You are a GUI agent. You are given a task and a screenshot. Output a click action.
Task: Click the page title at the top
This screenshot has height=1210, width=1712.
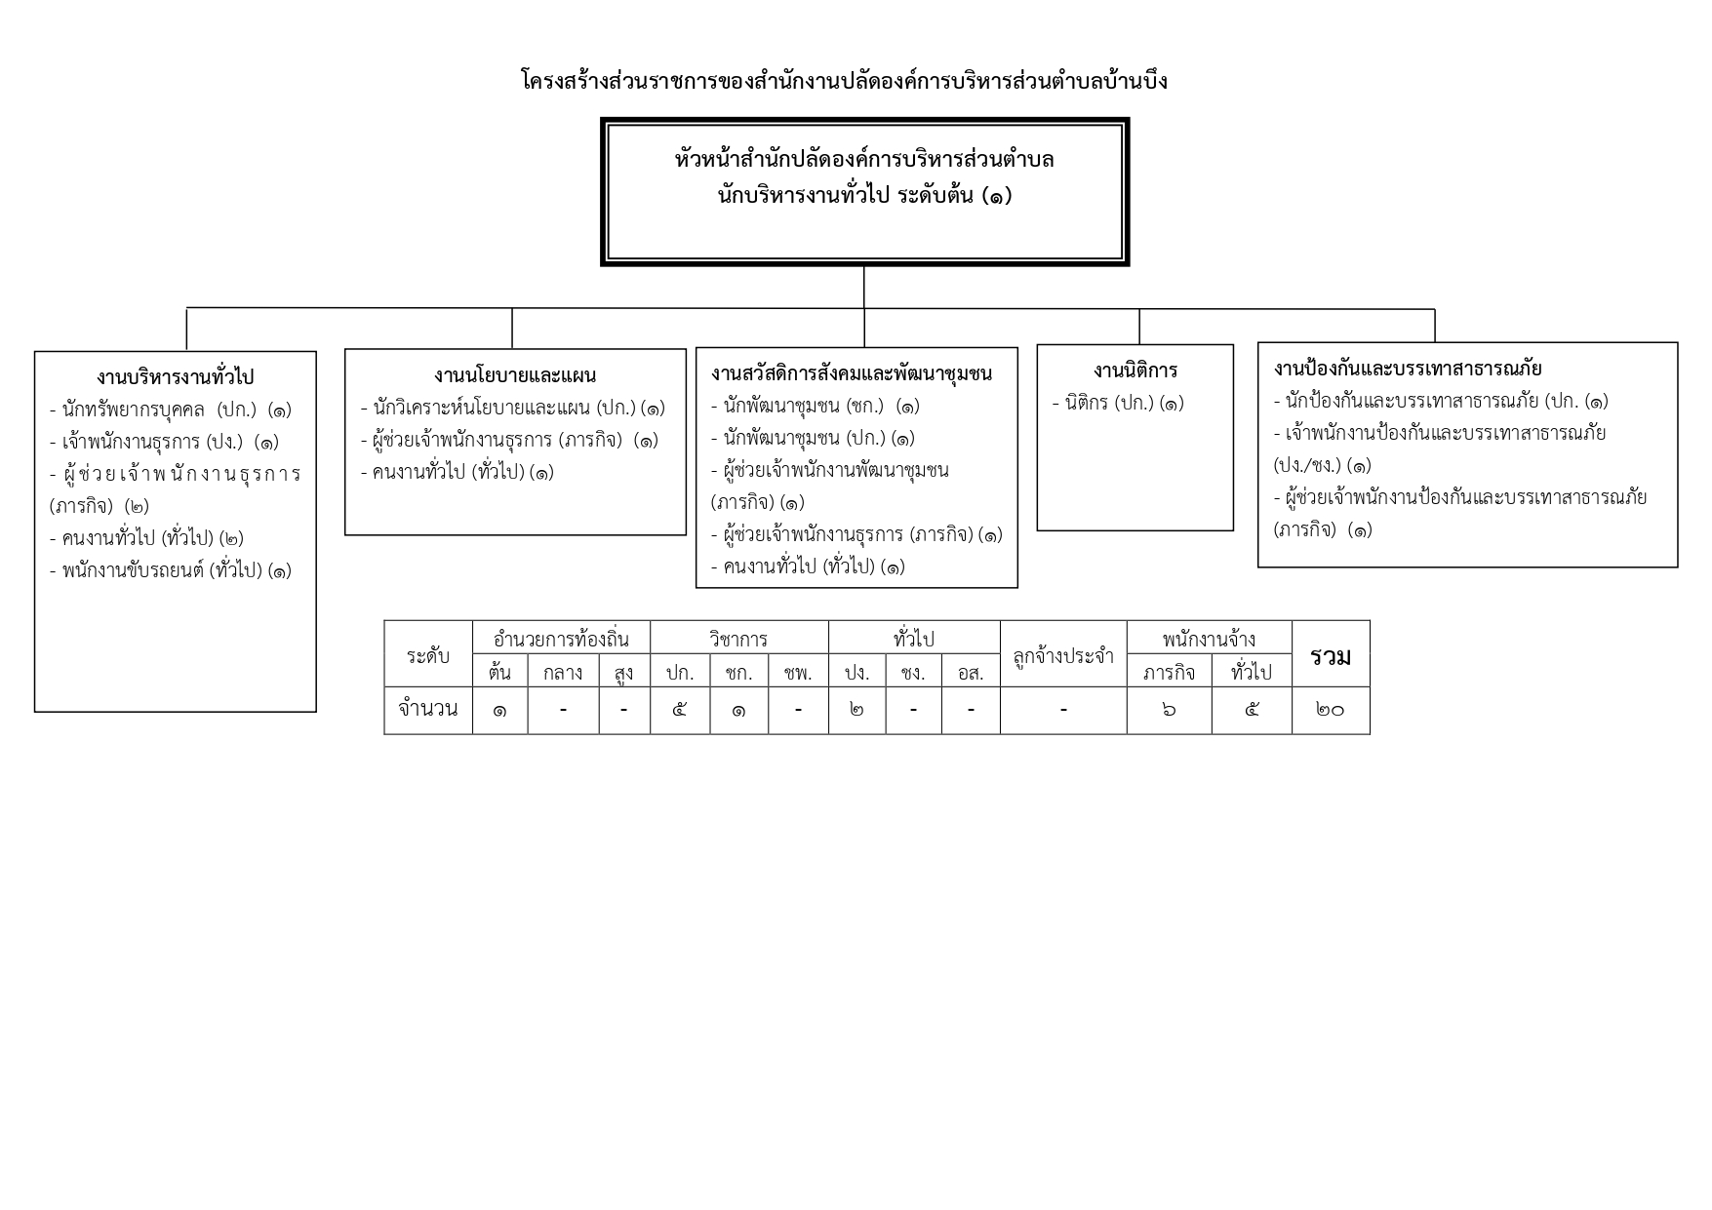click(845, 80)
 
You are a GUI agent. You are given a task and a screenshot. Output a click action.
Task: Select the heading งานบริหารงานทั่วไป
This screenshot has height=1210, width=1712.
click(176, 376)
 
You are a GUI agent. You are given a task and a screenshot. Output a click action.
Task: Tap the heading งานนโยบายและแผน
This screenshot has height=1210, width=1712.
click(515, 374)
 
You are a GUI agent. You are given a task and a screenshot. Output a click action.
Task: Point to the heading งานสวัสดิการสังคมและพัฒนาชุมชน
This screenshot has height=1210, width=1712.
click(852, 372)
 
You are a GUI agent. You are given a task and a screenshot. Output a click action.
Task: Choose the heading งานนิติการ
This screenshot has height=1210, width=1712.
click(1135, 371)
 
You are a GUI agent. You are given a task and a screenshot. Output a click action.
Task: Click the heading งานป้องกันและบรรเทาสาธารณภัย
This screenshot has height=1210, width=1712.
click(1408, 369)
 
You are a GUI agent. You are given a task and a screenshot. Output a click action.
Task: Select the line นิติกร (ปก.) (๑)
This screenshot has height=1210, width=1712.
click(1118, 403)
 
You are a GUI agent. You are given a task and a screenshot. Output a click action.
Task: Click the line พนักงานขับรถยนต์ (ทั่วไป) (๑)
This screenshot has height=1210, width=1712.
click(171, 570)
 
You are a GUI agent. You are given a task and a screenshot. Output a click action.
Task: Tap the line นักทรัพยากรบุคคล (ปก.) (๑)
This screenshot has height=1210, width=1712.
click(171, 410)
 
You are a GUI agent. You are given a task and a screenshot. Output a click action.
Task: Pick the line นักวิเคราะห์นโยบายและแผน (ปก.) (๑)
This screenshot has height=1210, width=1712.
click(513, 408)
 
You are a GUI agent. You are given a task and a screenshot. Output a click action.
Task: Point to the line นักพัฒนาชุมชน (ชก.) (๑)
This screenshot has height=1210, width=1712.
click(816, 406)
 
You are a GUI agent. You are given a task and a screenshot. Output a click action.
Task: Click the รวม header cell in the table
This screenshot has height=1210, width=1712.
click(1331, 655)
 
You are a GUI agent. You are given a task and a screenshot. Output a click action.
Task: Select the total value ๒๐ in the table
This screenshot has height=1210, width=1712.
click(1331, 710)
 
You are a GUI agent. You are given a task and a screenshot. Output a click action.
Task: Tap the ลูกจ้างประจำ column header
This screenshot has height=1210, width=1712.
click(1063, 655)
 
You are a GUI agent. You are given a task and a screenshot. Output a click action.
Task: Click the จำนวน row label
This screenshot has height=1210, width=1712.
click(428, 709)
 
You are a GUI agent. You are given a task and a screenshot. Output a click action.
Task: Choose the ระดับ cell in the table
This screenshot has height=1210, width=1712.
click(428, 655)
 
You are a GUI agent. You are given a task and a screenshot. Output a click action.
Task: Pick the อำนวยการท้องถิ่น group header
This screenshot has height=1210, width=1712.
click(562, 640)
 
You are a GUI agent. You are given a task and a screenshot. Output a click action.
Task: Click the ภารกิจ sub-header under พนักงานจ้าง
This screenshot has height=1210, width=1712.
click(1169, 672)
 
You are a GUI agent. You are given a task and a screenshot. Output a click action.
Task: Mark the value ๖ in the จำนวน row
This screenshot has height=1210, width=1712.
click(1169, 710)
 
